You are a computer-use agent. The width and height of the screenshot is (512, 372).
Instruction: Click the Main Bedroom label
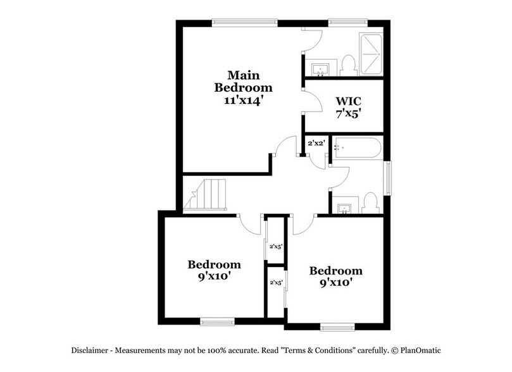pos(243,81)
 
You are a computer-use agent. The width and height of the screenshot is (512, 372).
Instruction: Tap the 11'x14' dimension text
pos(243,99)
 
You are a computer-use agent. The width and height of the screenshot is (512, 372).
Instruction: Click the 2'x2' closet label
pos(316,143)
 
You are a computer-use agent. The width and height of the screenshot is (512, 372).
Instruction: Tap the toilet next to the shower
pos(346,64)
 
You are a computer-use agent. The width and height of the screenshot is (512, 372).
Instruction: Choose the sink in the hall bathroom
pos(344,208)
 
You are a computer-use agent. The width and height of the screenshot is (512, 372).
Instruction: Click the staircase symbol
pos(205,195)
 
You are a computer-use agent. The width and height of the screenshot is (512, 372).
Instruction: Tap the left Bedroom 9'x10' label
pos(213,270)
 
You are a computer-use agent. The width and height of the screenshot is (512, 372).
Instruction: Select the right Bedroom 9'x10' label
pos(335,276)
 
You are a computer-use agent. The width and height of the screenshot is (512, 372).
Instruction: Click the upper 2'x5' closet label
pos(276,247)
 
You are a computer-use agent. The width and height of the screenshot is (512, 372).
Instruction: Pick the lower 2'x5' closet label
pos(276,283)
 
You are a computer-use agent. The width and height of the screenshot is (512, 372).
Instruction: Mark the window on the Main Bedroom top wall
pos(244,23)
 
